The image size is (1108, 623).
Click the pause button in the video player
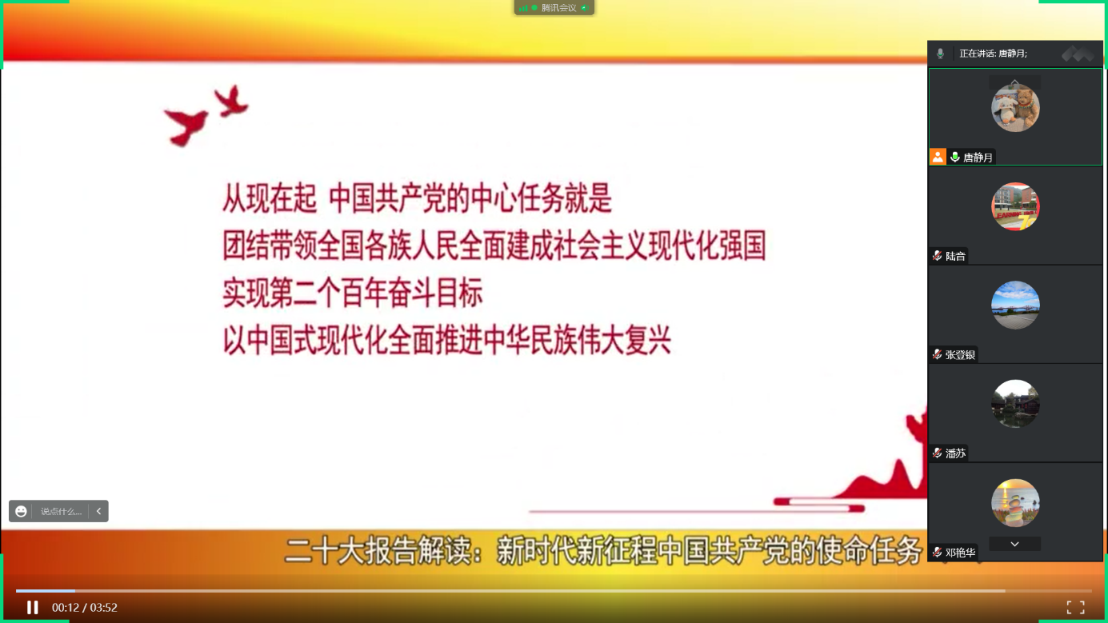33,607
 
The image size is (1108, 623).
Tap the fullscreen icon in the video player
1075,607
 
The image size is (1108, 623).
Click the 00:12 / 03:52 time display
85,607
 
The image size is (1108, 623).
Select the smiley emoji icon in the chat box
21,511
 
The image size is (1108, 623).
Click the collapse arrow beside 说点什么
98,511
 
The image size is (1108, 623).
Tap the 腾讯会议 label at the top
559,8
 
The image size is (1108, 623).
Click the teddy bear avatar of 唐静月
1015,108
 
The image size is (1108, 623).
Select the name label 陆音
955,256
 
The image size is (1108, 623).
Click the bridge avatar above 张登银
1015,305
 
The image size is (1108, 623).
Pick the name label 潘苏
955,453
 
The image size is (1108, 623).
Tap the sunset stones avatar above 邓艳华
1015,503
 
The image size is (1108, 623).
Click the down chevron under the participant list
1014,544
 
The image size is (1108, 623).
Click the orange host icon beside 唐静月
938,157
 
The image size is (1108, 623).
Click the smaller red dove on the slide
231,101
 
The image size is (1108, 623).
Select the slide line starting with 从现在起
417,198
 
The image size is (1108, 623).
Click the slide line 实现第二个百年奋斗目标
352,294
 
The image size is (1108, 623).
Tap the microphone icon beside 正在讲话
940,54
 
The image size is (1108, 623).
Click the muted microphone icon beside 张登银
937,354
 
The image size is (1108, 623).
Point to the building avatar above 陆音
1015,206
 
